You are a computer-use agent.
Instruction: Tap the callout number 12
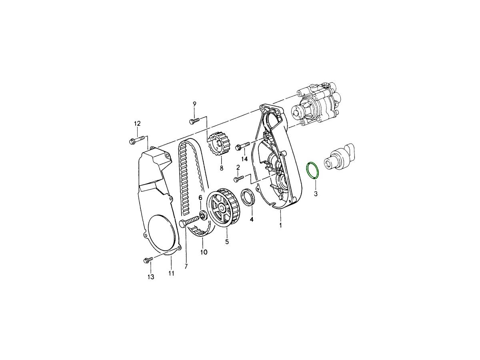coord(137,124)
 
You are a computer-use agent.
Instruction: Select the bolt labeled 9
coord(194,120)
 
